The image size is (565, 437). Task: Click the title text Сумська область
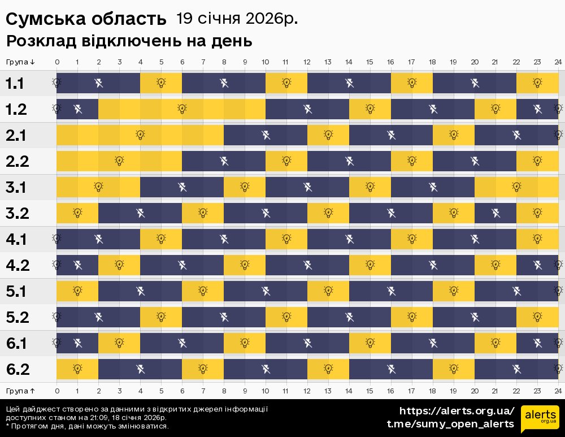coord(86,19)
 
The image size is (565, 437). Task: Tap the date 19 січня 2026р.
coord(237,19)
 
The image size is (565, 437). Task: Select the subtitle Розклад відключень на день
coord(129,41)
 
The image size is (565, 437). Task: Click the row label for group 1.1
coord(15,84)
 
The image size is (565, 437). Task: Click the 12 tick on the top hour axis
coord(307,62)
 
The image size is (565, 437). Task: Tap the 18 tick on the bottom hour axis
coord(433,391)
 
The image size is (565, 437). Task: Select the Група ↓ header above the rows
coord(20,62)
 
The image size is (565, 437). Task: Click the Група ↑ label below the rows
coord(20,391)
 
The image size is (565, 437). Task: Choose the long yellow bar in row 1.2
coord(182,109)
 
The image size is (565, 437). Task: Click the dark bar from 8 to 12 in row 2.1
coord(266,135)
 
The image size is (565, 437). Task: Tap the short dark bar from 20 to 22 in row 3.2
coord(496,213)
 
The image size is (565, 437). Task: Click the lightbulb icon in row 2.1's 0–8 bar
coord(140,135)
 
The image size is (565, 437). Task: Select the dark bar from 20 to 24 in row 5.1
coord(516,291)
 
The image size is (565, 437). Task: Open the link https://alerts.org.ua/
coord(457,411)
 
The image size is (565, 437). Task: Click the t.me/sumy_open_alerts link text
coord(450,424)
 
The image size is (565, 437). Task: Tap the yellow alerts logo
coord(540,419)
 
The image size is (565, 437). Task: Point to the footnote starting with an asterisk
coord(87,426)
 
